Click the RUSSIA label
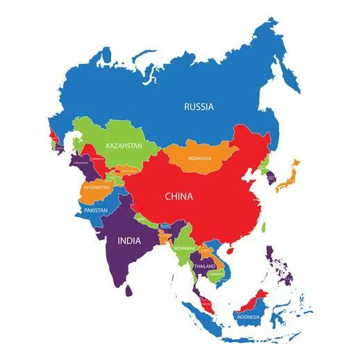point(199,107)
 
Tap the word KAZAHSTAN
point(124,146)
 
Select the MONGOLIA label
point(200,158)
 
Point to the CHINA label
point(178,196)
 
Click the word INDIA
point(128,241)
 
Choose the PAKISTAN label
point(96,209)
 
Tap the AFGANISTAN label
point(96,187)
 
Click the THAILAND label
point(204,266)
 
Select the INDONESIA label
point(248,317)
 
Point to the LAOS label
point(205,250)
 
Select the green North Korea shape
point(265,166)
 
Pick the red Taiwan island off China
point(264,227)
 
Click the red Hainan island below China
point(230,247)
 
